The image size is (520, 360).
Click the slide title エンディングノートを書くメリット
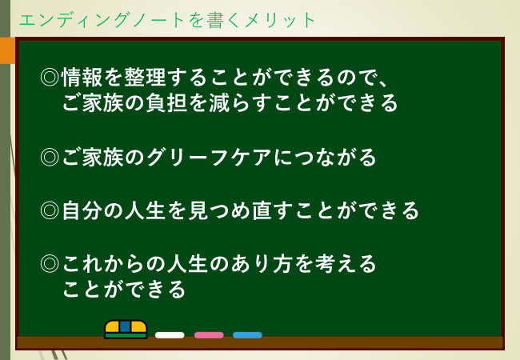coord(167,20)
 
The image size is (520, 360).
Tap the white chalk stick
coord(170,335)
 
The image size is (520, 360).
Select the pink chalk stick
coord(209,335)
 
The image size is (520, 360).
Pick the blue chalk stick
coord(247,335)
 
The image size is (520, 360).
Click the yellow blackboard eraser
coord(126,329)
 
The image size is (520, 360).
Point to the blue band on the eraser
coord(125,326)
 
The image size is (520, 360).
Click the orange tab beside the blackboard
coord(7,50)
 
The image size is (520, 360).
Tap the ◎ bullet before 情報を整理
coord(50,78)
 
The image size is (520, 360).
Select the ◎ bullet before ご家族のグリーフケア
coord(50,157)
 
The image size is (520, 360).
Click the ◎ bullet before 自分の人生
coord(50,210)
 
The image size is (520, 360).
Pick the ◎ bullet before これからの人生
coord(50,264)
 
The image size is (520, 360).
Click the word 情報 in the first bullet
coord(82,78)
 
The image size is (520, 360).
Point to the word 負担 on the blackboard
coord(166,102)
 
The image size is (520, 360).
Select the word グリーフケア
coord(209,157)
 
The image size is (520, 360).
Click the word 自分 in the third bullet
coord(82,210)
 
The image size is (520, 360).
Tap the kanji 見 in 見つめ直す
coord(198,210)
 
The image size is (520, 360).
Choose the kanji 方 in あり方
coord(283,264)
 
